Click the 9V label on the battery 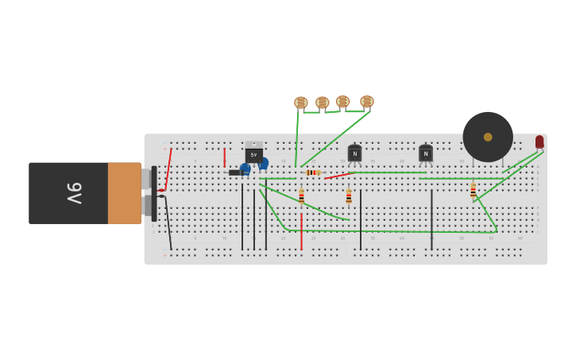(74, 192)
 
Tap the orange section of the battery (124, 193)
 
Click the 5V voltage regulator (253, 153)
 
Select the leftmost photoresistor (301, 103)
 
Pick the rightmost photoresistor (366, 102)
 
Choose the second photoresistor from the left (322, 103)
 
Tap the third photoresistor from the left (342, 102)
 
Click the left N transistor (354, 153)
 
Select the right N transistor (426, 153)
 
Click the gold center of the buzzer (488, 137)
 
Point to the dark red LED (539, 141)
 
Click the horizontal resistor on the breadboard (313, 172)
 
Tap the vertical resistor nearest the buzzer (473, 191)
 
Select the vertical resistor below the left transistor (349, 195)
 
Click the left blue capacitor (245, 168)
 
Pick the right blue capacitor (263, 163)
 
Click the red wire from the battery (168, 168)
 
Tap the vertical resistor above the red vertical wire (301, 195)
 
